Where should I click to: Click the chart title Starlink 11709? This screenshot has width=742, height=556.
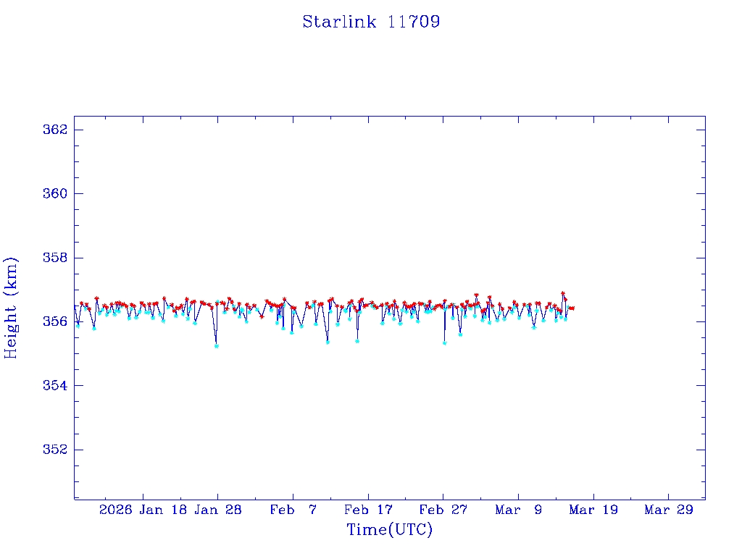[x=371, y=22]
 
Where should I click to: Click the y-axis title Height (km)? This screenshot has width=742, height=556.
[x=11, y=308]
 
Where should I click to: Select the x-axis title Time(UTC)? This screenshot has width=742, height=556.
[x=389, y=530]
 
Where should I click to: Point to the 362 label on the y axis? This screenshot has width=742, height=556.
[x=55, y=130]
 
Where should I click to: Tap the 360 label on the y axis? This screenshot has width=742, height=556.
[x=55, y=193]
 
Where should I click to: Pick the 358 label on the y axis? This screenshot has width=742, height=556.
[x=55, y=258]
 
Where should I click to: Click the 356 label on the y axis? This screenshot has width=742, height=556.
[x=55, y=321]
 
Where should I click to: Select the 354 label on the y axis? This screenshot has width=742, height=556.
[x=55, y=385]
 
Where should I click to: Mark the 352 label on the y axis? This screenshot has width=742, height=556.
[x=55, y=450]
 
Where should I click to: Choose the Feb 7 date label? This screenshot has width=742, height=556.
[x=293, y=510]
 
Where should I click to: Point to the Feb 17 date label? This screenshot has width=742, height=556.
[x=368, y=510]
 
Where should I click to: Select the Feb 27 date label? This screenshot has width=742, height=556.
[x=443, y=510]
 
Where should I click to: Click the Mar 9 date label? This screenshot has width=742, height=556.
[x=519, y=510]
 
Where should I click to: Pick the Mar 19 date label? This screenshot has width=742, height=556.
[x=593, y=510]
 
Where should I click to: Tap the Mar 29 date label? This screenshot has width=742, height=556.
[x=669, y=510]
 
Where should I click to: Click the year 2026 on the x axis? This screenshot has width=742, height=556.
[x=116, y=510]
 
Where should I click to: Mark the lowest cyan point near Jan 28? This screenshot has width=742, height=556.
[x=217, y=346]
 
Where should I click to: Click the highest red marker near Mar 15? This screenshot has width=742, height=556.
[x=563, y=293]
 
